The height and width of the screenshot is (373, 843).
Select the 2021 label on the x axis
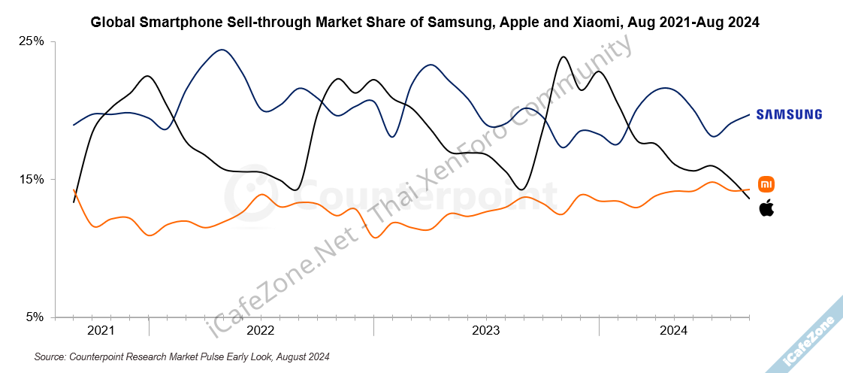101,331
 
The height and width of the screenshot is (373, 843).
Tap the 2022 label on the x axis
260,331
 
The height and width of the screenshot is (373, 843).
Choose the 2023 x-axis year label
486,331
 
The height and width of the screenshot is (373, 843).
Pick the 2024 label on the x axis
674,331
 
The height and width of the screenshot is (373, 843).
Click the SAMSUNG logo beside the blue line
789,114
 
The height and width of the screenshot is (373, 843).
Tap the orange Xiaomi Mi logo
766,183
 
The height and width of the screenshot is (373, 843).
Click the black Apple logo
766,208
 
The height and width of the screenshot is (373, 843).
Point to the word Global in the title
113,23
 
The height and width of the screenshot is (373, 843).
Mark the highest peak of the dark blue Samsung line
221,50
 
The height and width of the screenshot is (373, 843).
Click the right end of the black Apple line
749,199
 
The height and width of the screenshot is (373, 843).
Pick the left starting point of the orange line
74,190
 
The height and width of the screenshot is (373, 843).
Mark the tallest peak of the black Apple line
562,57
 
